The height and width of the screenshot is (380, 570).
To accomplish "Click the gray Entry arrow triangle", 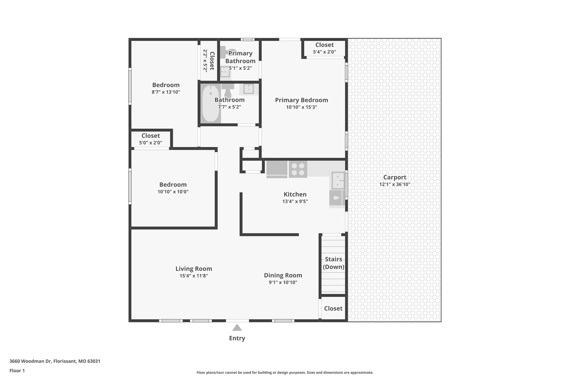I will click(x=237, y=327).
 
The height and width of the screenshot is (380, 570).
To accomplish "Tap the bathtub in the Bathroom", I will click(x=210, y=103).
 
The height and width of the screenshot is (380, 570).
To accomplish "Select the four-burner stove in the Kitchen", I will click(x=298, y=169).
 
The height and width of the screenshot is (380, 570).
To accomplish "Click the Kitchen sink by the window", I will click(x=338, y=180).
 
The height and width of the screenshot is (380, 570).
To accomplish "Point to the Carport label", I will click(x=394, y=177).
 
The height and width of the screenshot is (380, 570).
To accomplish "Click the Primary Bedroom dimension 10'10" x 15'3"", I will click(x=301, y=107).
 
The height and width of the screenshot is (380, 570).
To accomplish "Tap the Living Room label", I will click(x=194, y=269).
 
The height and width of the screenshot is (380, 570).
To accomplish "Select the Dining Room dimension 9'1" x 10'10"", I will click(x=283, y=282).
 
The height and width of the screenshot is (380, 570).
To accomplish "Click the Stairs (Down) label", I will click(x=333, y=263).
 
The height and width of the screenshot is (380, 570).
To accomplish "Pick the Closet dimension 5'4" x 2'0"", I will click(x=324, y=52).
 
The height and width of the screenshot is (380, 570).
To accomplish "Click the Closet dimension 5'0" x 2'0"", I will click(x=151, y=143).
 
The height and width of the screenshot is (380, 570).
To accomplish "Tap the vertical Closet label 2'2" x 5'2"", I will click(x=209, y=61).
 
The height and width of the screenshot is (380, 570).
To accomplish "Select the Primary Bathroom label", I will click(x=240, y=57).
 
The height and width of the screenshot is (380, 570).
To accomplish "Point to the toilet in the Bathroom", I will click(x=228, y=90).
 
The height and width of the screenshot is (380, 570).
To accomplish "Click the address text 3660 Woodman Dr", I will click(x=31, y=361).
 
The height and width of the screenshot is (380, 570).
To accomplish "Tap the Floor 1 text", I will click(x=17, y=371).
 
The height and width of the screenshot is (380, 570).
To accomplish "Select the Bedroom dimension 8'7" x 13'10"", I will click(x=166, y=92).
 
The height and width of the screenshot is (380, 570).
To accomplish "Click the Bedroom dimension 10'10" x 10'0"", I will click(x=173, y=192).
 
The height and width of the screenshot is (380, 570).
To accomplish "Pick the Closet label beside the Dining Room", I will click(x=333, y=308).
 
